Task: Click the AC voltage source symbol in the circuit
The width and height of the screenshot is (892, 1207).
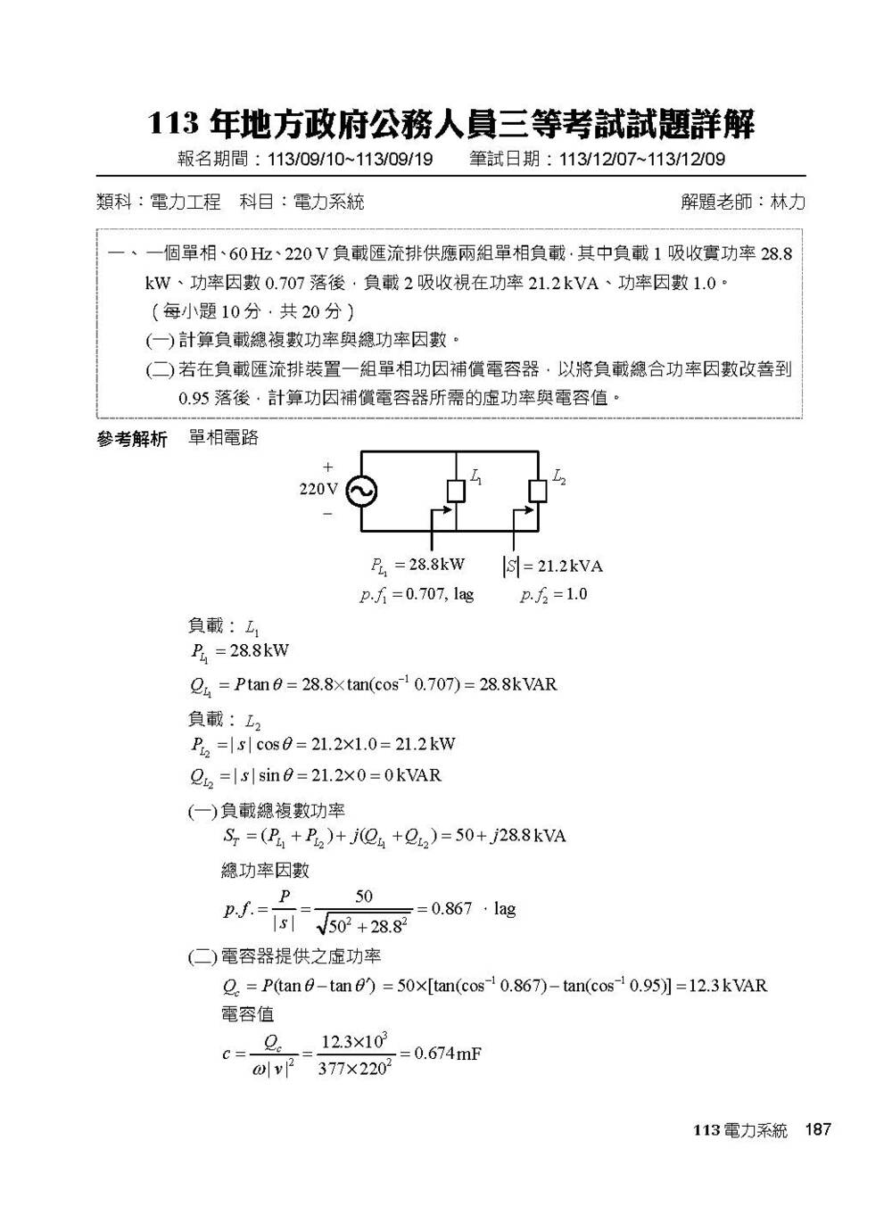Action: point(361,491)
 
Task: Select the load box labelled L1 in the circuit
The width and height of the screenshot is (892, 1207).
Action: point(456,491)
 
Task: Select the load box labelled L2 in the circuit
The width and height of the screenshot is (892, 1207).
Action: point(538,491)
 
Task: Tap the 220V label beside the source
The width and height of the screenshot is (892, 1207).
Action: point(318,489)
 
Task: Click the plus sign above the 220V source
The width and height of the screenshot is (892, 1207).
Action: point(327,467)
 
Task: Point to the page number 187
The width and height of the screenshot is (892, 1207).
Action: point(817,1129)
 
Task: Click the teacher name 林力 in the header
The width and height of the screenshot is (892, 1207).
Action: point(787,203)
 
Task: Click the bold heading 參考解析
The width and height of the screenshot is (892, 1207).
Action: point(131,440)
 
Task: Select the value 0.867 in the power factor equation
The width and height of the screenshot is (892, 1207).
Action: point(451,909)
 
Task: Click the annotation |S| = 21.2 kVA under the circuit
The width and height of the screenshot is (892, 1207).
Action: point(553,566)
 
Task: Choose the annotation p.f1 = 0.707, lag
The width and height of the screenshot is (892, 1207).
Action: point(417,594)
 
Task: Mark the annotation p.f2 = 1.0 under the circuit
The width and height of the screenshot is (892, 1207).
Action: point(554,594)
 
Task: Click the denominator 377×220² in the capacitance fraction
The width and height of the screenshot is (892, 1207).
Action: point(354,1068)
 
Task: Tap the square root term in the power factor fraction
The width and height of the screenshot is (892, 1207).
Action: point(363,925)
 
